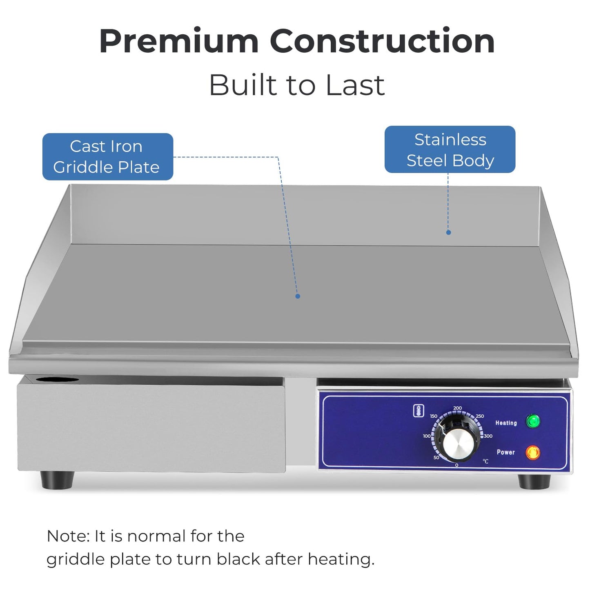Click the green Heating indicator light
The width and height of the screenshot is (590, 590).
tap(533, 421)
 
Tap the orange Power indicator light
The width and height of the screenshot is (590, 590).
tap(533, 452)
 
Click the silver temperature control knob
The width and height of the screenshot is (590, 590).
tap(459, 445)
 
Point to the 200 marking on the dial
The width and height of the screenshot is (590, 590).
tap(457, 408)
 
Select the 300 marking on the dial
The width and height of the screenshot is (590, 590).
tap(488, 436)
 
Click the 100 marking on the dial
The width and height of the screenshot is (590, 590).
tap(427, 436)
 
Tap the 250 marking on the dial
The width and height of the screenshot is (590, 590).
tap(480, 416)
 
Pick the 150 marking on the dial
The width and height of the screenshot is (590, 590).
tap(434, 416)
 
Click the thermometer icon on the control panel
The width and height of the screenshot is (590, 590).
tap(419, 411)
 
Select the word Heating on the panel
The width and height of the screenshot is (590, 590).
tap(506, 423)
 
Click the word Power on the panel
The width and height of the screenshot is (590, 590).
tap(505, 452)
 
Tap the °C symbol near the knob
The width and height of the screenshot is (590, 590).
tap(485, 461)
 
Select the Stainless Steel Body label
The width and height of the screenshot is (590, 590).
tap(450, 149)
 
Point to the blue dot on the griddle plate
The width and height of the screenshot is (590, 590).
tap(298, 296)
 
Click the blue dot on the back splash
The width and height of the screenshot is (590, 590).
tap(449, 232)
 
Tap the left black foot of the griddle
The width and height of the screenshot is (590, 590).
tap(57, 480)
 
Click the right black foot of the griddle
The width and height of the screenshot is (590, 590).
tap(534, 482)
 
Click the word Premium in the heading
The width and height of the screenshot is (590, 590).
tap(179, 42)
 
